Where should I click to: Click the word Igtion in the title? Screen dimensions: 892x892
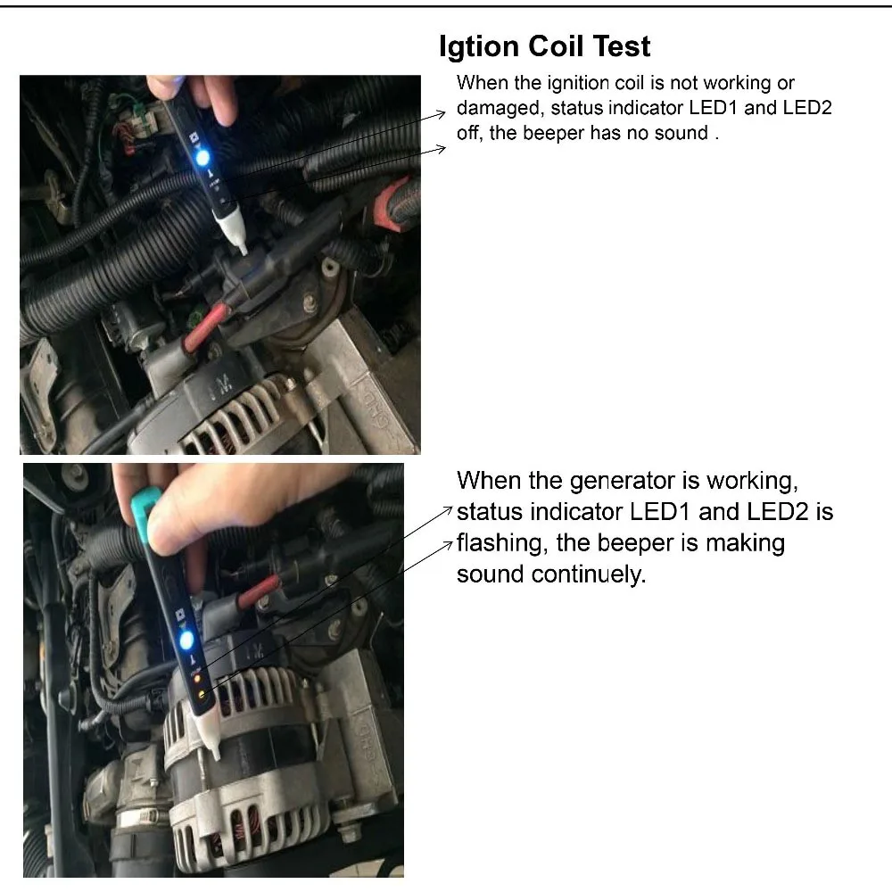click(x=479, y=47)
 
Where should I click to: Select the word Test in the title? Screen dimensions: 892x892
click(x=622, y=46)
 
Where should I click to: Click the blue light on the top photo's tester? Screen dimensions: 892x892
click(x=202, y=157)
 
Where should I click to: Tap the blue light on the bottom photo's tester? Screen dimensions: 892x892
click(x=186, y=641)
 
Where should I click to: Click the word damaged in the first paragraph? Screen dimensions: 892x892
click(x=500, y=109)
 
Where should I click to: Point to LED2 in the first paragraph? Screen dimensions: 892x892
click(x=807, y=108)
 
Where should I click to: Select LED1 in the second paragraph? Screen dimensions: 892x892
click(x=660, y=512)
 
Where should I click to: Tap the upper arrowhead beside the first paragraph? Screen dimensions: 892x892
click(x=442, y=114)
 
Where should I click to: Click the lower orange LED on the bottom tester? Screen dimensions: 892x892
click(x=202, y=694)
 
